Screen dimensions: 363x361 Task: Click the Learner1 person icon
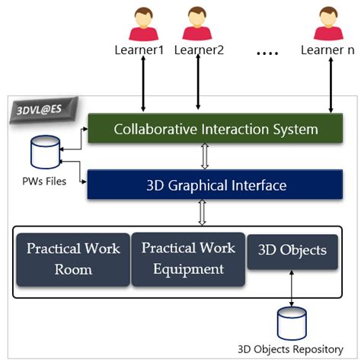tap(142, 24)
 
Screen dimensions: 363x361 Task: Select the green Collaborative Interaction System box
tap(216, 129)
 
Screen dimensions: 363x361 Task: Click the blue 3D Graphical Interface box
tap(216, 185)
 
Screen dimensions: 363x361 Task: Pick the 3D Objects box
tap(292, 251)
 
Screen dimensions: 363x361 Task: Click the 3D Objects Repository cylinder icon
tap(292, 324)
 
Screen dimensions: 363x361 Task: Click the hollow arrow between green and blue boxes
tap(203, 157)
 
